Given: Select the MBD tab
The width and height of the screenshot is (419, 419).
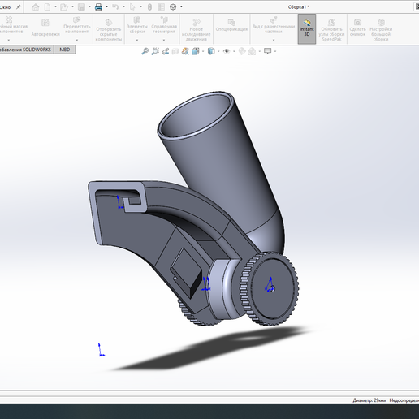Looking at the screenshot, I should point(66,50).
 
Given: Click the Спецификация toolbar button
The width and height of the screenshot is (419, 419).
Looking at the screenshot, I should point(231,29).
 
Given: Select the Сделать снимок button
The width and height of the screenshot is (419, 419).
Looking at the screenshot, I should point(357,30).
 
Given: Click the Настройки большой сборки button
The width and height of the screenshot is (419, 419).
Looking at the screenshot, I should point(381,30).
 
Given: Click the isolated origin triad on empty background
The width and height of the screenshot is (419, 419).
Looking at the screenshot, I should point(101,351).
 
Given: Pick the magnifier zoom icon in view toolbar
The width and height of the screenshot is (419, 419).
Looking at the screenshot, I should point(145,50).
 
